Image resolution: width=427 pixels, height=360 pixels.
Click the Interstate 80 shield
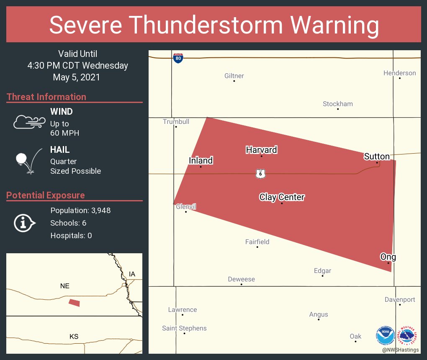coord(178,58)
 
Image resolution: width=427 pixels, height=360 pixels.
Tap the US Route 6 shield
coord(260,174)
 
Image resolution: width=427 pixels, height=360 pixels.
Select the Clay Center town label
coord(282,197)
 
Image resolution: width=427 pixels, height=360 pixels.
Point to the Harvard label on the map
coord(262,150)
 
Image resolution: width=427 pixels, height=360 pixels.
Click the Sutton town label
coord(377,157)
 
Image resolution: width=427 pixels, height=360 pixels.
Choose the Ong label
coord(388,257)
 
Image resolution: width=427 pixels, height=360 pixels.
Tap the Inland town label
coord(201,160)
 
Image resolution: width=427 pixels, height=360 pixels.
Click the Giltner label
coord(234,76)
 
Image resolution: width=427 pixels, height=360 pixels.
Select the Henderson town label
coord(400,73)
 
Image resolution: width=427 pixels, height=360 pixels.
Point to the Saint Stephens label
coord(184,328)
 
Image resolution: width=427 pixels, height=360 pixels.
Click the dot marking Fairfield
coord(257,247)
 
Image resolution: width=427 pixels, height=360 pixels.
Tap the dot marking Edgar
coord(322,276)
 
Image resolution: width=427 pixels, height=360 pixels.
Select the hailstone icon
coord(22,159)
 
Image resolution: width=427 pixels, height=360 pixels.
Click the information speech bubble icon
coord(24,223)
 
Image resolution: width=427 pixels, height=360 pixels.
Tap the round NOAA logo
coord(385,335)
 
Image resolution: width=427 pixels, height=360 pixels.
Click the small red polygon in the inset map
coord(74,303)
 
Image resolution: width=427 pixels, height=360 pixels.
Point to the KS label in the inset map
coord(74,337)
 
